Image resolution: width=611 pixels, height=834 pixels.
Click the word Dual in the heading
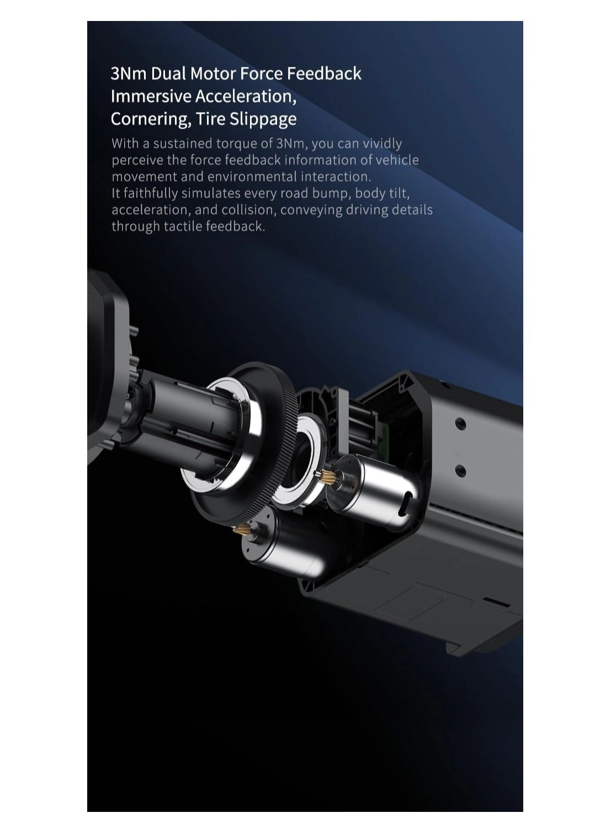(168, 73)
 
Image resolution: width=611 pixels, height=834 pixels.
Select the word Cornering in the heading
(150, 119)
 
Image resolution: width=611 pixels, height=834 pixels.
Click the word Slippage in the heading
(263, 119)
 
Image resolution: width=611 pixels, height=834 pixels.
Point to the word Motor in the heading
(212, 73)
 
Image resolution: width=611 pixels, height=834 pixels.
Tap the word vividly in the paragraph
(382, 144)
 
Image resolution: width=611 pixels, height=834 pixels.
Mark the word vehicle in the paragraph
(397, 160)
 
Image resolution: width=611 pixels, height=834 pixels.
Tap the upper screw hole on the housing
(461, 423)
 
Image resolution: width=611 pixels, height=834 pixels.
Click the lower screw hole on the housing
(461, 470)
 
